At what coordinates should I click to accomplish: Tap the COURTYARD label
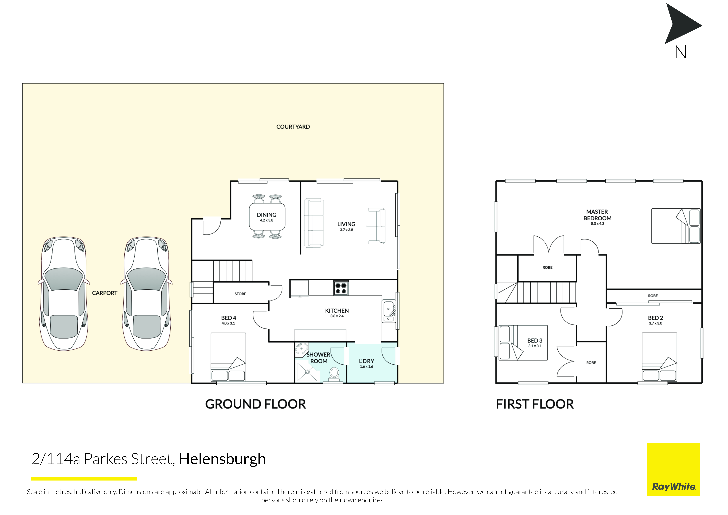pyautogui.click(x=293, y=127)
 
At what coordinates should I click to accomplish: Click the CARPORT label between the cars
pyautogui.click(x=105, y=293)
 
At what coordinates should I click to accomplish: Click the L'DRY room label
pyautogui.click(x=366, y=361)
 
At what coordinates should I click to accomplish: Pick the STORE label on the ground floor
pyautogui.click(x=240, y=294)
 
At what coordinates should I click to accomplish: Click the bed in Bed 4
pyautogui.click(x=228, y=357)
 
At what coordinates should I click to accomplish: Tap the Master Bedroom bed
pyautogui.click(x=676, y=226)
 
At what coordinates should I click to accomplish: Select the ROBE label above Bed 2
pyautogui.click(x=653, y=296)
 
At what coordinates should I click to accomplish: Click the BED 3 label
pyautogui.click(x=535, y=340)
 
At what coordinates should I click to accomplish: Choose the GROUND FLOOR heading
pyautogui.click(x=256, y=404)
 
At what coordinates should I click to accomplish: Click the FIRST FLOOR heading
pyautogui.click(x=535, y=404)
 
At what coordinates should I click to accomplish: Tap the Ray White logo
pyautogui.click(x=673, y=470)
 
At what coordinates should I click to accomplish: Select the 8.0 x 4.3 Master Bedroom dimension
pyautogui.click(x=597, y=224)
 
